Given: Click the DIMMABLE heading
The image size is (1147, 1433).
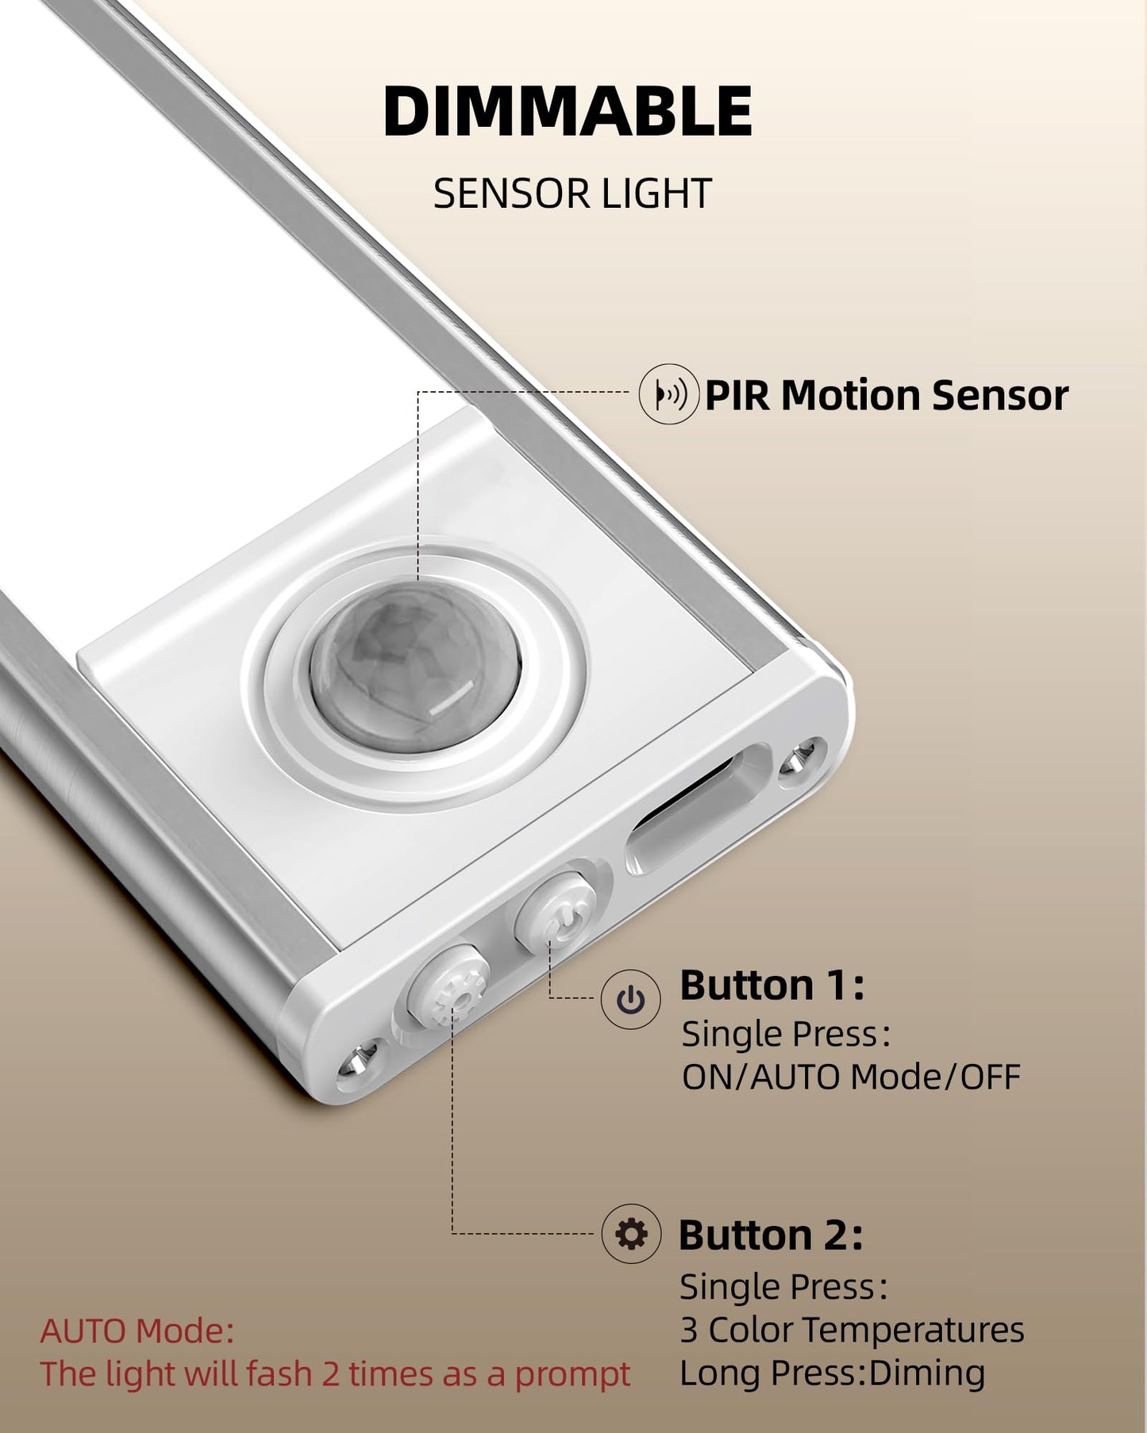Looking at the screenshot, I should click(568, 112).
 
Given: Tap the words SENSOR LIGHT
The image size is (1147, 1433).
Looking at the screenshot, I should click(572, 194).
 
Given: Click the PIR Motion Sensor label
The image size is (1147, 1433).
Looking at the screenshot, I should click(886, 395).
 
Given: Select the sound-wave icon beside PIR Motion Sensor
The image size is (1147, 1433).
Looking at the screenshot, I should click(669, 394).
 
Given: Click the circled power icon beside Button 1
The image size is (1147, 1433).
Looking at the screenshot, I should click(630, 1000).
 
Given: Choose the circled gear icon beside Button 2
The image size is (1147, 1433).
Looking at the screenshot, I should click(631, 1234).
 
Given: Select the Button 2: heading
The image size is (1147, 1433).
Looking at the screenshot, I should click(770, 1235).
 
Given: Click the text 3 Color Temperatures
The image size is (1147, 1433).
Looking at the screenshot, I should click(852, 1330).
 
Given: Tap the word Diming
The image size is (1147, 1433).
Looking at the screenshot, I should click(926, 1373).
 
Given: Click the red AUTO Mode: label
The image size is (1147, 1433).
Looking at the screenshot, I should click(137, 1331).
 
